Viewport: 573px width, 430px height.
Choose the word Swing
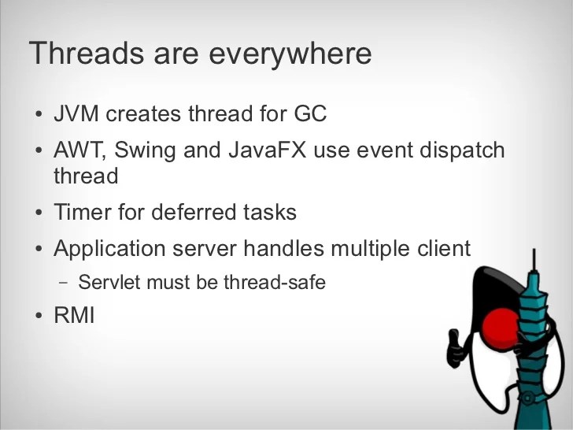pyautogui.click(x=150, y=150)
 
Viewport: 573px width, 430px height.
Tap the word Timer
pyautogui.click(x=80, y=212)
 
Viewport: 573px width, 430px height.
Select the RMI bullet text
pyautogui.click(x=74, y=317)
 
